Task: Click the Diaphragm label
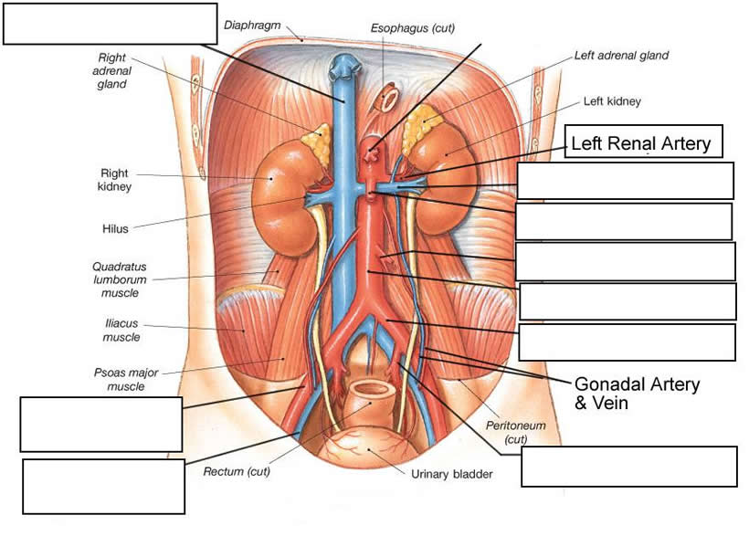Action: click(x=252, y=25)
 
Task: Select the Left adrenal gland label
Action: click(x=621, y=56)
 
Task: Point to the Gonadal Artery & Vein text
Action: click(x=636, y=393)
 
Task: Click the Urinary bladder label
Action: click(x=451, y=475)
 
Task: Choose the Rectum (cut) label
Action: click(x=236, y=472)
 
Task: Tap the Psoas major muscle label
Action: click(x=120, y=379)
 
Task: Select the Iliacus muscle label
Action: click(x=121, y=330)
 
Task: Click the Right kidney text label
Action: click(x=117, y=179)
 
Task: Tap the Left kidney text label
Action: click(x=612, y=101)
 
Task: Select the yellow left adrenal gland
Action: click(x=422, y=119)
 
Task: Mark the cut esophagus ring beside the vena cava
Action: click(x=387, y=96)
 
